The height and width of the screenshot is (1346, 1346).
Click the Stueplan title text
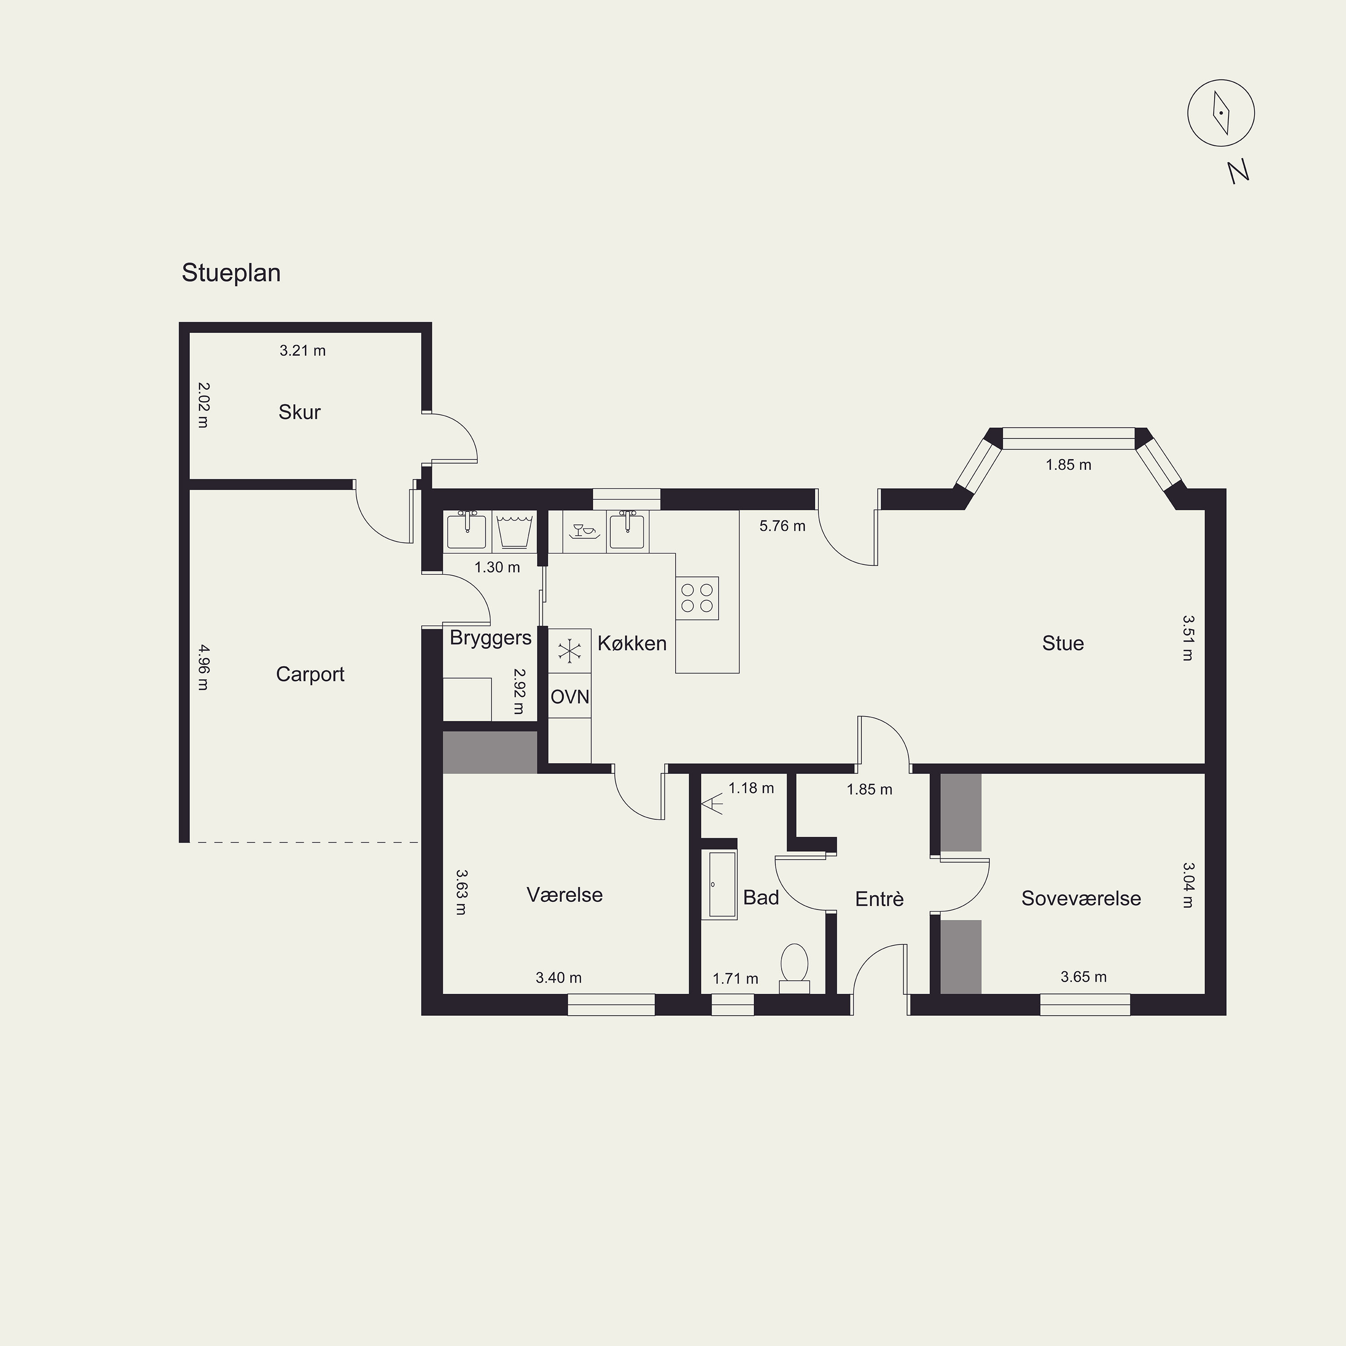pos(232,273)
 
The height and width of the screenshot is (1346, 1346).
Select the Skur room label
pos(300,412)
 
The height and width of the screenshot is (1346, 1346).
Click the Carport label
pos(310,674)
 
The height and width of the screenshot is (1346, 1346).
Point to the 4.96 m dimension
pos(203,668)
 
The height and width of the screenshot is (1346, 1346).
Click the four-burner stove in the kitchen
pos(697,598)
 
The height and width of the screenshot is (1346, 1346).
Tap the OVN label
pos(570,697)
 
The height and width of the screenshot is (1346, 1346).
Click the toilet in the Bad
pos(794,968)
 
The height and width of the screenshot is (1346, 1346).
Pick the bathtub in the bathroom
pos(718,885)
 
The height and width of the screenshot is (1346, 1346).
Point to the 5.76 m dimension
pos(782,526)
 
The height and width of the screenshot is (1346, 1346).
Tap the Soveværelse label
pos(1081,898)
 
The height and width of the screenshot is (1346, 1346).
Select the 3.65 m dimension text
pos(1084,977)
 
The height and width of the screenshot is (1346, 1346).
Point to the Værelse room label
pos(564,895)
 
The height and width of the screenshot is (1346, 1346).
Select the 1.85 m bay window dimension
pos(1068,465)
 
